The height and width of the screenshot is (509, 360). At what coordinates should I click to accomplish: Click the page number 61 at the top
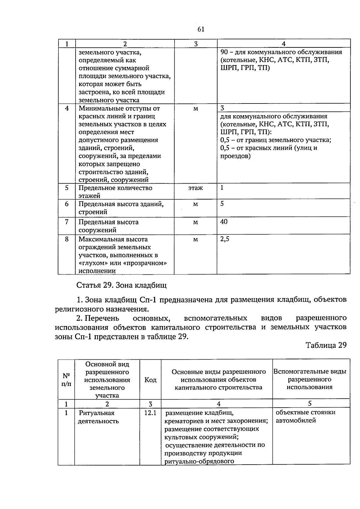(x=201, y=29)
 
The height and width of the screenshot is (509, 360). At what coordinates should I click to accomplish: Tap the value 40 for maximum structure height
(x=224, y=222)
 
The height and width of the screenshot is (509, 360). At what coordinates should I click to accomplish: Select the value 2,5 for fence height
(x=225, y=239)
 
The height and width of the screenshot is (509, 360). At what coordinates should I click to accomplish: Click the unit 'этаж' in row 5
(x=195, y=188)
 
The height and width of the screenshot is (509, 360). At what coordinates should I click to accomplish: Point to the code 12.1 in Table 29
(x=150, y=413)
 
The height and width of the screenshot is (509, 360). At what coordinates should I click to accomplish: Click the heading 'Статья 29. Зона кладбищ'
(x=121, y=285)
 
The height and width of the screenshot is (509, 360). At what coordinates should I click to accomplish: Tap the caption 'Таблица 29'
(x=326, y=345)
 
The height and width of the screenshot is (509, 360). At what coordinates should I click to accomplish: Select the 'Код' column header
(x=150, y=380)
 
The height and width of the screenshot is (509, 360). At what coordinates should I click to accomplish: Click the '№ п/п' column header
(x=66, y=380)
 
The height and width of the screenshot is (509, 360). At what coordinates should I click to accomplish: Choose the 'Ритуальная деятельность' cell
(x=98, y=417)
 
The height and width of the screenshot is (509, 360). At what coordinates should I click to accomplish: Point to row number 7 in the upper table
(x=67, y=222)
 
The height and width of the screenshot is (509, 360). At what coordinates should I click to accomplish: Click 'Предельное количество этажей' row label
(x=115, y=192)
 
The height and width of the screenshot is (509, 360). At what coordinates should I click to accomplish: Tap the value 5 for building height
(x=222, y=204)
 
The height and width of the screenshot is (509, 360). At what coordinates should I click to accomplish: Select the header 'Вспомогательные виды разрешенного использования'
(x=310, y=379)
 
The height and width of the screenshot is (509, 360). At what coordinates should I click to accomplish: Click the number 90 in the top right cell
(x=224, y=52)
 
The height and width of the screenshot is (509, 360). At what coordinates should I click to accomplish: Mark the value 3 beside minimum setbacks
(x=222, y=108)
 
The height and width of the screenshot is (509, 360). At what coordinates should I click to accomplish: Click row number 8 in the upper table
(x=67, y=239)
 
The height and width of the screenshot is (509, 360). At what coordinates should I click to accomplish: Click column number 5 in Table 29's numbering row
(x=310, y=403)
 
